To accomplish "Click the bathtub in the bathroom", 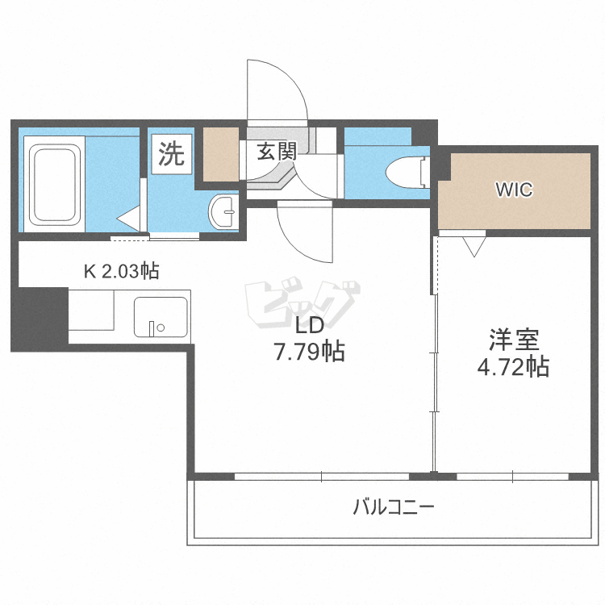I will (54, 183).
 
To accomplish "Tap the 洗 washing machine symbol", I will (171, 153).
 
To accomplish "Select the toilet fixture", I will (407, 171).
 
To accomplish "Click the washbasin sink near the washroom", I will (222, 213).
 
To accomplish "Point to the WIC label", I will (514, 190).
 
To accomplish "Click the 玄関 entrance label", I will (277, 151).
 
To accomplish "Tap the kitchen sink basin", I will (161, 319).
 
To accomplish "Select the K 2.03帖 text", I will (122, 271).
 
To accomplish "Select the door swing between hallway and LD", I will (305, 234).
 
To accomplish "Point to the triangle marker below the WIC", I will (474, 245).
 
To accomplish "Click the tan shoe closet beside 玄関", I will (220, 154).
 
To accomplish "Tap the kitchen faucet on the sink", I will (154, 328).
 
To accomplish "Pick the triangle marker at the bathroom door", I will (128, 219).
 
